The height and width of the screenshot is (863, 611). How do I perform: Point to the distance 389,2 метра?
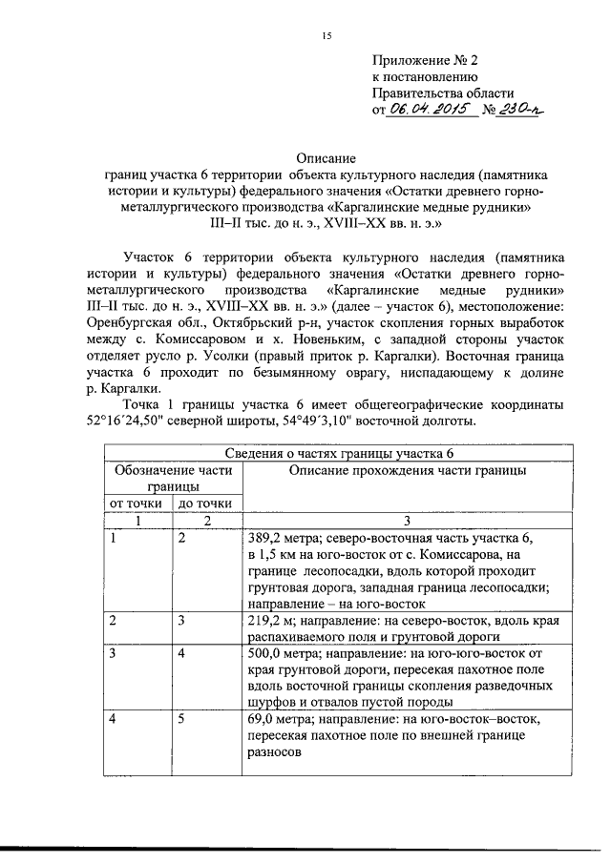pos(285,538)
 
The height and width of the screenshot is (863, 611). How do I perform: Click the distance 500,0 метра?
pos(285,654)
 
